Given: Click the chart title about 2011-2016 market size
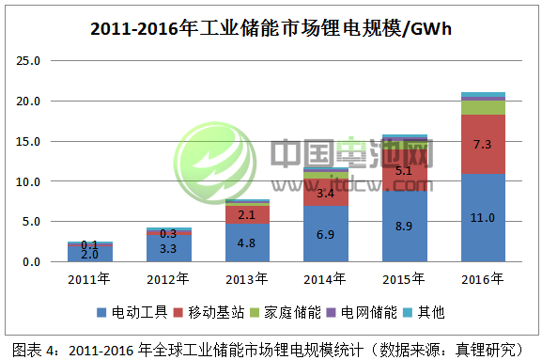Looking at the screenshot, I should click(271, 28).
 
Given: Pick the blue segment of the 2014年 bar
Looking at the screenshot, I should click(327, 234).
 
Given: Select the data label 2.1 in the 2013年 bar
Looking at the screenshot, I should click(248, 215).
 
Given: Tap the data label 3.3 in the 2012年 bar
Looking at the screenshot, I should click(170, 249).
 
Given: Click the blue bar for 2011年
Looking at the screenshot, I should click(91, 253).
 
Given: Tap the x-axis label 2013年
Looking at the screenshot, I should click(248, 278).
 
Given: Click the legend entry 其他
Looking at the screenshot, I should click(427, 311).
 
